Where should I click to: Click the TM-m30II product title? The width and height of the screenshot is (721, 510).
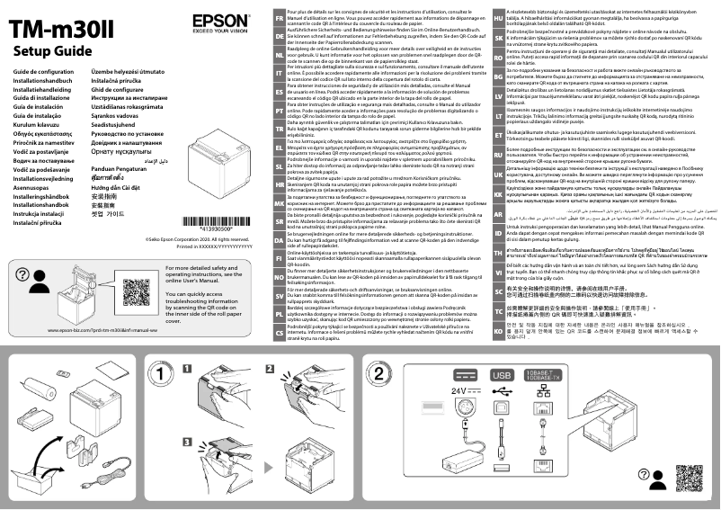(55, 26)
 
